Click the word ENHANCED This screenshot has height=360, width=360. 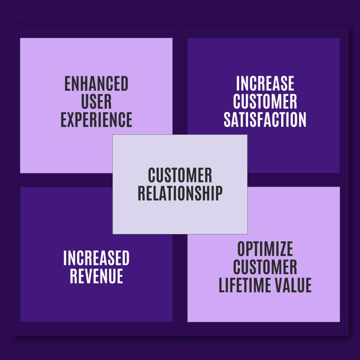click(96, 84)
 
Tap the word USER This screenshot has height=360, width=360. click(96, 102)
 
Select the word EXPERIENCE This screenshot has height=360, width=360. click(96, 120)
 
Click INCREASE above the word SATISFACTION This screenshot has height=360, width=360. click(265, 84)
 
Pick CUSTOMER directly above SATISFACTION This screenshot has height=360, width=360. click(265, 102)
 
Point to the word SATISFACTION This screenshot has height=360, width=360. click(265, 120)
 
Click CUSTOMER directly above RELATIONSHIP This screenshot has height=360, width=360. click(180, 175)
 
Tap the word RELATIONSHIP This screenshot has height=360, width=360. click(180, 193)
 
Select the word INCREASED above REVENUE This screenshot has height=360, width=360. click(96, 258)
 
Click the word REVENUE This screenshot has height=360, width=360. click(96, 276)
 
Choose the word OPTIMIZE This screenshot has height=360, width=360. click(265, 249)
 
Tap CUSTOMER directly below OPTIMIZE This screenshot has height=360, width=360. click(265, 267)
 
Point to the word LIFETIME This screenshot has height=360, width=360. click(245, 285)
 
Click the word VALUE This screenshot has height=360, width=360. click(293, 285)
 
